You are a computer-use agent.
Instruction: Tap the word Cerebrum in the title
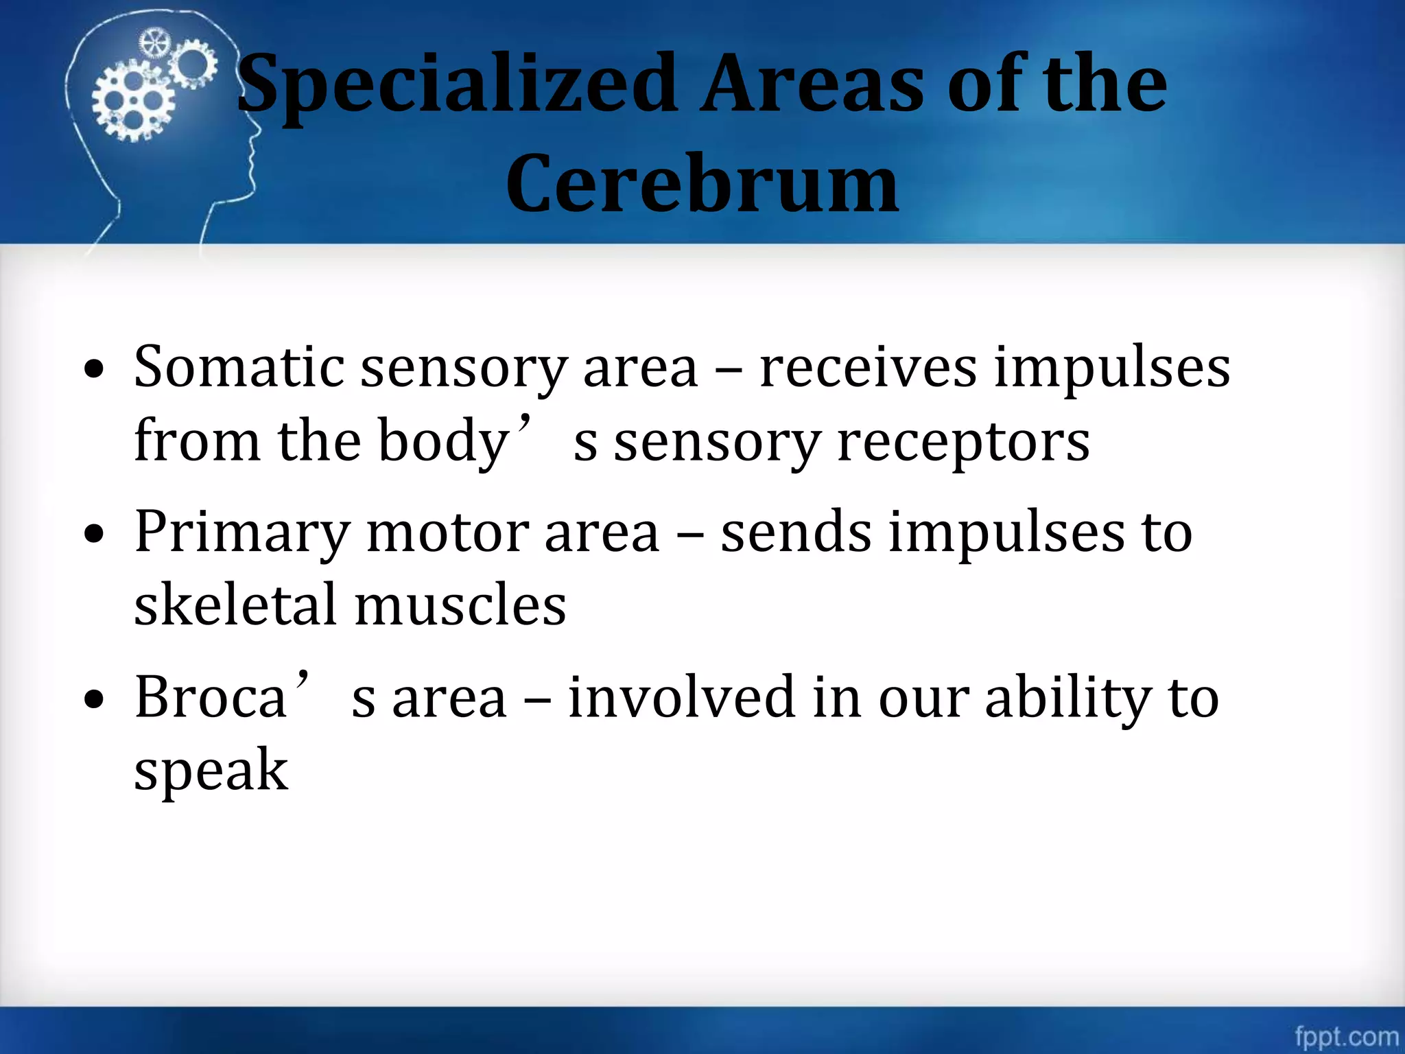702,184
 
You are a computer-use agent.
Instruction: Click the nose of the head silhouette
257,130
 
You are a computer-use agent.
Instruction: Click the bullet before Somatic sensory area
94,370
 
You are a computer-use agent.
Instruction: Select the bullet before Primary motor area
94,534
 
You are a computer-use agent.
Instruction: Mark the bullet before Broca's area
94,699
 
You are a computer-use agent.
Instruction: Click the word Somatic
239,367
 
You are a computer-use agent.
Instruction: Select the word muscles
460,605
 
